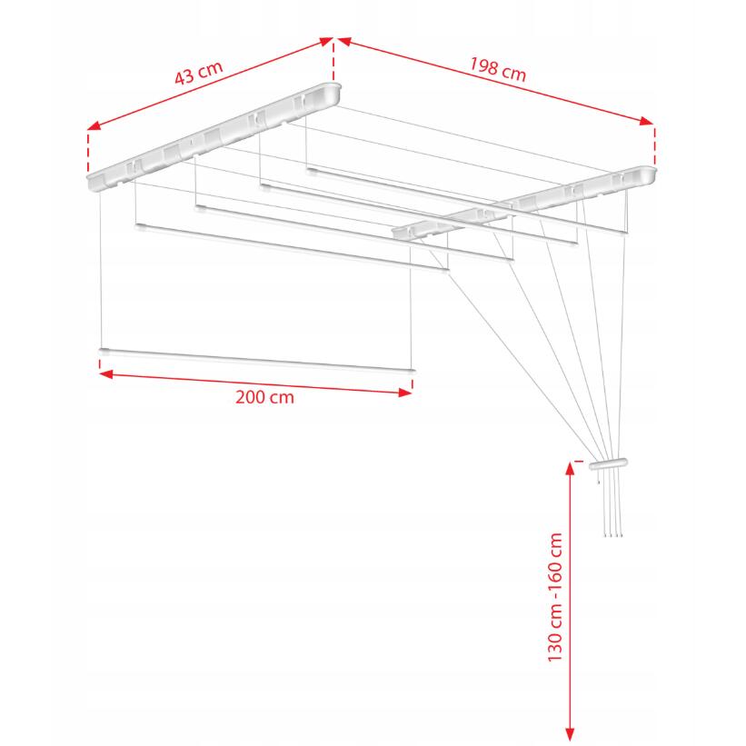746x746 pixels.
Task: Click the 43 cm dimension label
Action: pos(198,73)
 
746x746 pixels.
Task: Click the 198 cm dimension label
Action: pos(498,69)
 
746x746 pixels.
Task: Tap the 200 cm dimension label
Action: pos(264,397)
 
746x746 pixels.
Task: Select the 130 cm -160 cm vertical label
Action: pos(555,597)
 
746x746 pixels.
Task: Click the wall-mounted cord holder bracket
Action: pos(609,463)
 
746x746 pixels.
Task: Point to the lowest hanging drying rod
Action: pos(257,361)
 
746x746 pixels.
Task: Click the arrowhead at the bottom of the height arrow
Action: pos(570,734)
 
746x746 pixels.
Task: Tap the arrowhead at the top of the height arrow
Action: pos(570,468)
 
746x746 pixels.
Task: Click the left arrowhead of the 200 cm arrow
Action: pos(106,374)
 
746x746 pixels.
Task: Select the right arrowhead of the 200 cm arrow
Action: pos(405,393)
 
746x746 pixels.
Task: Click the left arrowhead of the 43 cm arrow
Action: pos(94,125)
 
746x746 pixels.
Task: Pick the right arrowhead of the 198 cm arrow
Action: pos(647,122)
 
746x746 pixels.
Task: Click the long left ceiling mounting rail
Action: pos(214,137)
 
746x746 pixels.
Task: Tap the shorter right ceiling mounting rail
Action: pos(523,203)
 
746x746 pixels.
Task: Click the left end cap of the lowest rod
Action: pos(104,352)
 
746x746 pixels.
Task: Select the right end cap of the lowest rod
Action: pos(412,371)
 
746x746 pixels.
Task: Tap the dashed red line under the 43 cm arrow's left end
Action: pos(88,153)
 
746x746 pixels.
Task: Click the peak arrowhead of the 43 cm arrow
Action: pos(326,42)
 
